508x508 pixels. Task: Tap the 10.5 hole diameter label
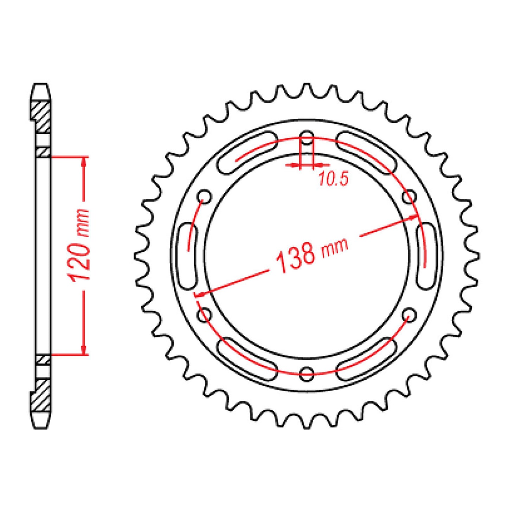coord(333,179)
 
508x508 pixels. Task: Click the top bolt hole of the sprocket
coord(307,138)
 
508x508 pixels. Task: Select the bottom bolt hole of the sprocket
coord(307,374)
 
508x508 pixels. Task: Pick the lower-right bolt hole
coord(409,314)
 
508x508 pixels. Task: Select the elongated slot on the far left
coord(188,256)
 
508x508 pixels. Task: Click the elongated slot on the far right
coord(425,256)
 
